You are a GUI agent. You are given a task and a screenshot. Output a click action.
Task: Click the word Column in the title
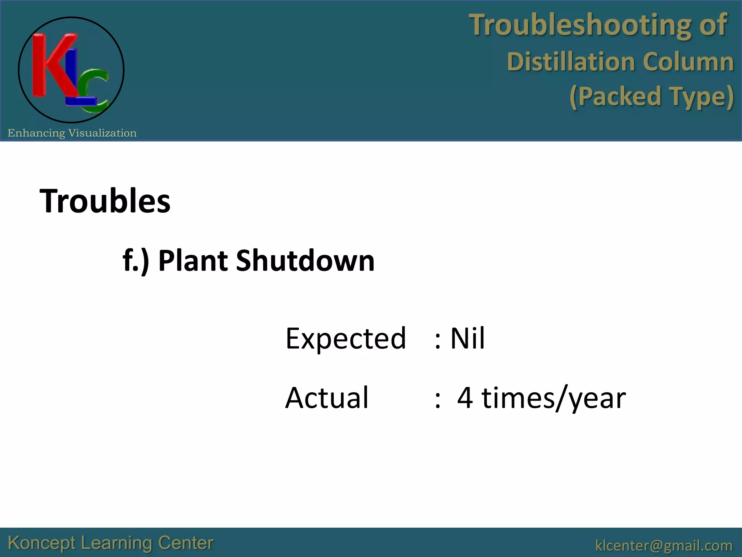coord(688,61)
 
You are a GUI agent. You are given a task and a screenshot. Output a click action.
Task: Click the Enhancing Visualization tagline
coord(72,133)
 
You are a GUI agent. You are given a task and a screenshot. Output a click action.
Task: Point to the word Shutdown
coord(305,261)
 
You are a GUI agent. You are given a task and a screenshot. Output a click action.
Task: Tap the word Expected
coord(346,338)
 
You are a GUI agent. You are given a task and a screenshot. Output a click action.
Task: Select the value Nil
coord(467,338)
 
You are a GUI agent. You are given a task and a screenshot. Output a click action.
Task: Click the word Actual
coord(327,398)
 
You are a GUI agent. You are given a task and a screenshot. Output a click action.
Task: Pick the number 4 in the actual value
coord(465,398)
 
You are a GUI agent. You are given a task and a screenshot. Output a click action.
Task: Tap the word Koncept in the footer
coord(42,543)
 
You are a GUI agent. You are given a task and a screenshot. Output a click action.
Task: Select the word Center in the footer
coord(185,543)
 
